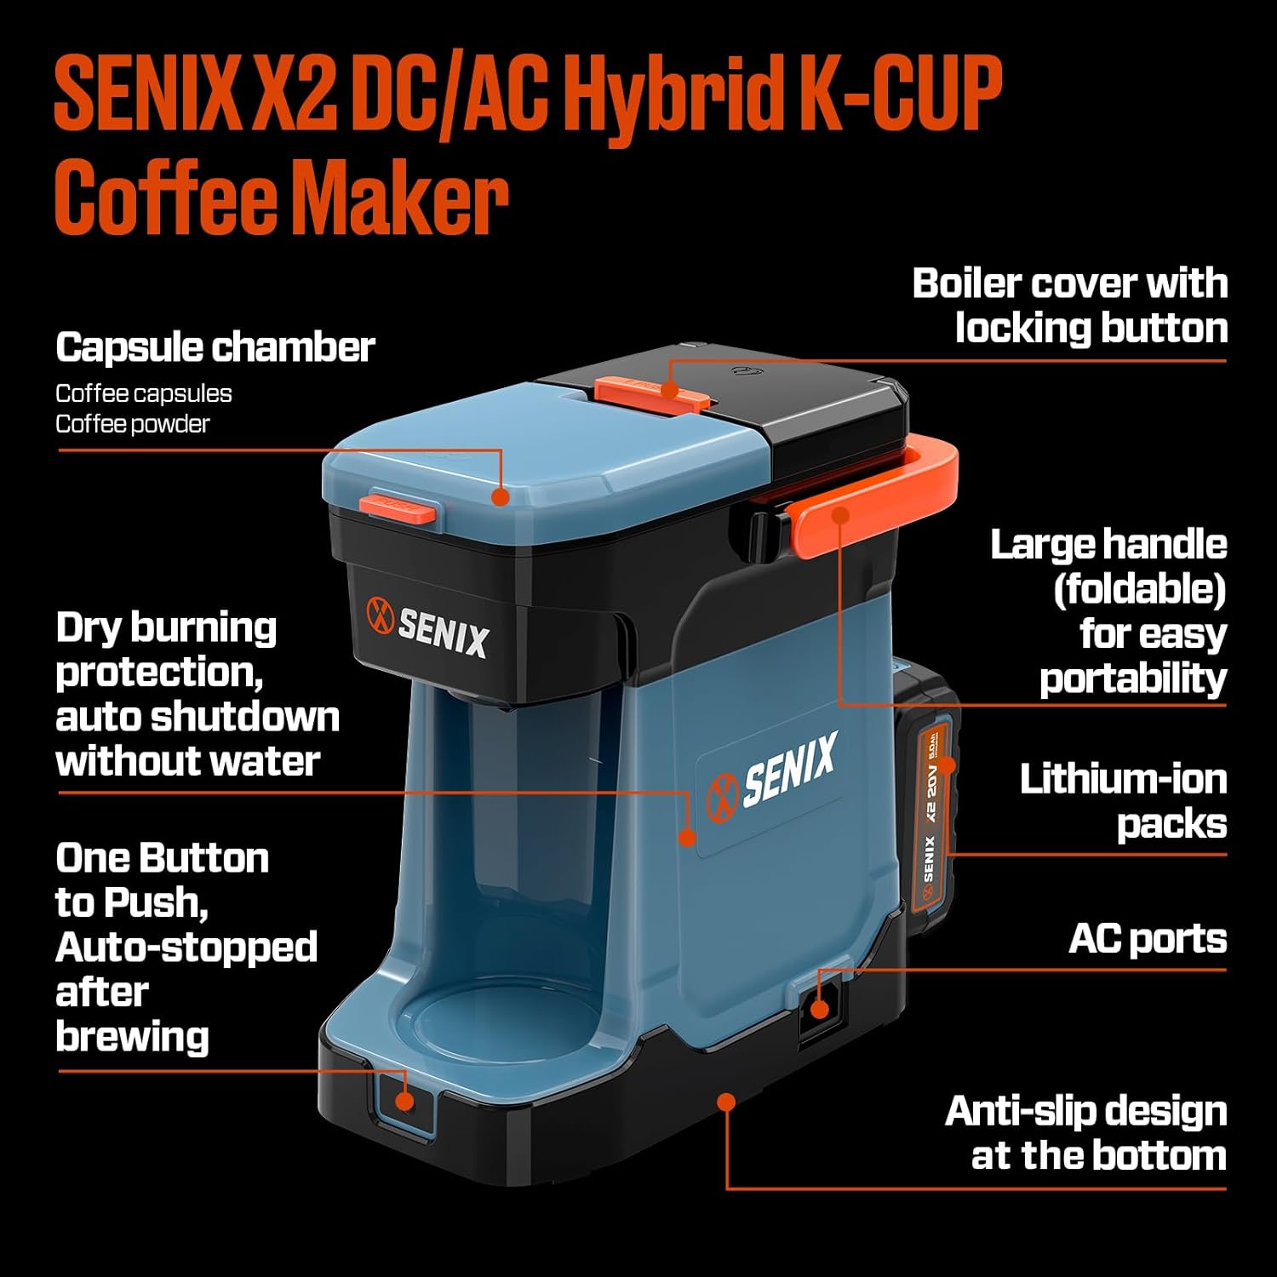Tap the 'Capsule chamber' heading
(x=215, y=347)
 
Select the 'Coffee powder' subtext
(x=132, y=424)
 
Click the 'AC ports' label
(x=1147, y=939)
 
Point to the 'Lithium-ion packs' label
(x=1123, y=801)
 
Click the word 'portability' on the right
(x=1132, y=679)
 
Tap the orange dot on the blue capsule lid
(x=501, y=496)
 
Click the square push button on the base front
(x=404, y=1102)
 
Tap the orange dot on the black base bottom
(x=726, y=1102)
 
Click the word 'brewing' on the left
(x=132, y=1036)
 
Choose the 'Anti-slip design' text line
(x=1085, y=1111)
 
